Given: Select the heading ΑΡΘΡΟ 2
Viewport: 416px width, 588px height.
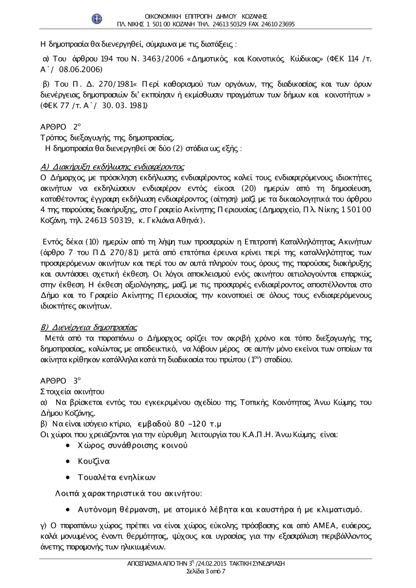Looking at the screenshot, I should pyautogui.click(x=61, y=126).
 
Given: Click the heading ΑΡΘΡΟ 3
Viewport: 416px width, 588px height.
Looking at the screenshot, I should pyautogui.click(x=61, y=380).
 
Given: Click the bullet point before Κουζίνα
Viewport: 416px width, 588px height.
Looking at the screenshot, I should pyautogui.click(x=68, y=462).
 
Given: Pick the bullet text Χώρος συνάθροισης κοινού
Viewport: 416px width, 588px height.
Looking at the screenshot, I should pyautogui.click(x=133, y=446).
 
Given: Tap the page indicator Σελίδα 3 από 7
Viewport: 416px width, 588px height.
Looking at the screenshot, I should pyautogui.click(x=206, y=571).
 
